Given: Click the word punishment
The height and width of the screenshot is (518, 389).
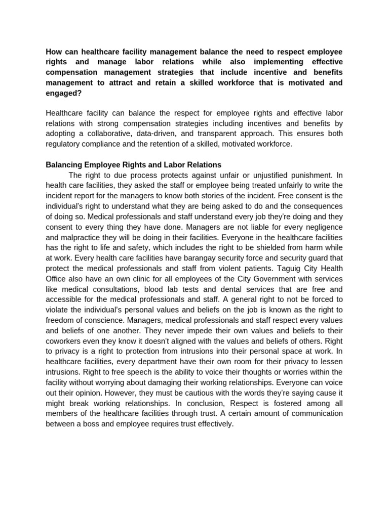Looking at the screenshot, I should pos(304,175).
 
